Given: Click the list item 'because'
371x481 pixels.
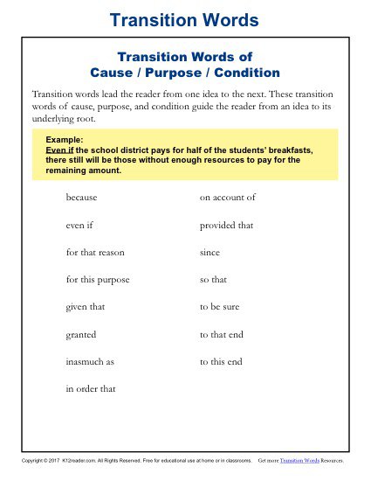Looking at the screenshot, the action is coord(82,198).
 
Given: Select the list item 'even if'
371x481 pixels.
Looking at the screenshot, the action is coord(79,225).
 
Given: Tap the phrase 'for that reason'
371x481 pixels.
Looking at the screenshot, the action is coord(95,252).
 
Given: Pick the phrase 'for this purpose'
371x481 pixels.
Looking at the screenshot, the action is coord(98,280).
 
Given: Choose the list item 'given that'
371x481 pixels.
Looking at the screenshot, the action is coord(85,307).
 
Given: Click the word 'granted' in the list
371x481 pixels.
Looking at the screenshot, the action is coord(80,334).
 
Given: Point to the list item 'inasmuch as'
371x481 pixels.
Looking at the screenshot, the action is coord(90,361).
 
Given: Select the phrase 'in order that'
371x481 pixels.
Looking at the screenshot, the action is coord(91,388).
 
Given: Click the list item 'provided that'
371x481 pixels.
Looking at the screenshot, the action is coord(226,225).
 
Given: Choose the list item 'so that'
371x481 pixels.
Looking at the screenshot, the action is coord(214,280).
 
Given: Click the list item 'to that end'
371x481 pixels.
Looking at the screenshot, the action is coord(222,334).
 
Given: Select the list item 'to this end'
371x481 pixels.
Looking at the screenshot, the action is coord(221,361).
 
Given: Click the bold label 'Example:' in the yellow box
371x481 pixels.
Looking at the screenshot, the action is coord(60,140).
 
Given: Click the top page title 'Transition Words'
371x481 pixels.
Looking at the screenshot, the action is coord(185,19).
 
